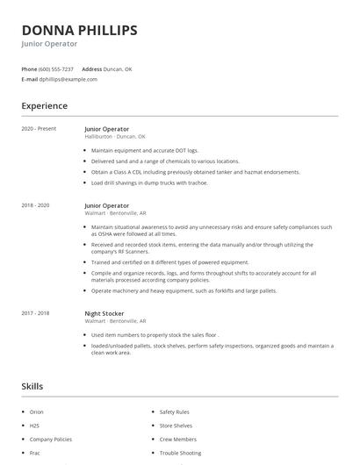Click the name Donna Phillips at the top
coord(79,30)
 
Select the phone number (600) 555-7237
coord(57,68)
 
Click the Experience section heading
coord(44,106)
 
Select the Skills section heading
coord(32,386)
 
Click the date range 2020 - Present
coord(39,129)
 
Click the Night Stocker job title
coord(104,313)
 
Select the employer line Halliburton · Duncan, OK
coord(114,137)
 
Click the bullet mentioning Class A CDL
coord(195,172)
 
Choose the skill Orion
coord(36,411)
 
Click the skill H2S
coord(34,426)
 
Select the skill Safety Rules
coord(174,411)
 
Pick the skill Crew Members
coord(177,439)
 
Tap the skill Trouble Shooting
coord(181,453)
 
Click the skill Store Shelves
coord(176,426)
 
